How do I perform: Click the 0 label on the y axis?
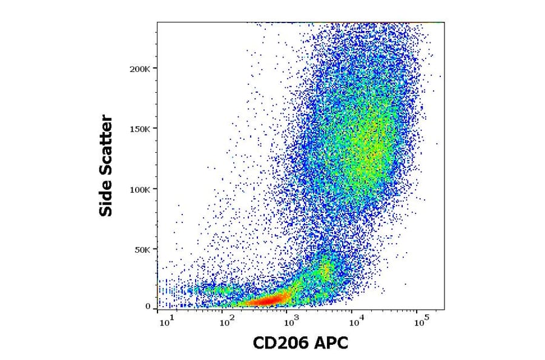coord(148,307)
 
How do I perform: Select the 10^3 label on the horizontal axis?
coord(291,319)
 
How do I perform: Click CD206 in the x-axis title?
coord(281,344)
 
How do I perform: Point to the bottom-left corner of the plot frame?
coord(157,310)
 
